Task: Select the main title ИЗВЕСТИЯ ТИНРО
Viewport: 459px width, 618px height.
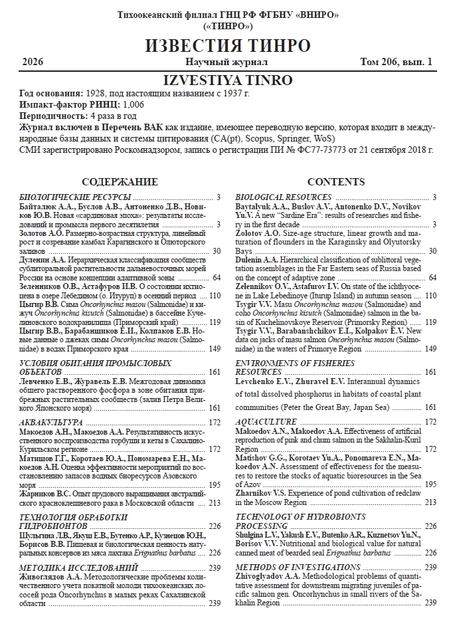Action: click(229, 47)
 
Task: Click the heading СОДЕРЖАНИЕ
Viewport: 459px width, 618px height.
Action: click(120, 182)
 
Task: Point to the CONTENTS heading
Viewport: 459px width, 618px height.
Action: click(336, 182)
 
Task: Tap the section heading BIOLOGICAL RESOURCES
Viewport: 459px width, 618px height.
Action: click(284, 197)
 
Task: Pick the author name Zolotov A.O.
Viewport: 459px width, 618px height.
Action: click(260, 234)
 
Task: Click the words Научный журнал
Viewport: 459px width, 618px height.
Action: click(226, 62)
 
